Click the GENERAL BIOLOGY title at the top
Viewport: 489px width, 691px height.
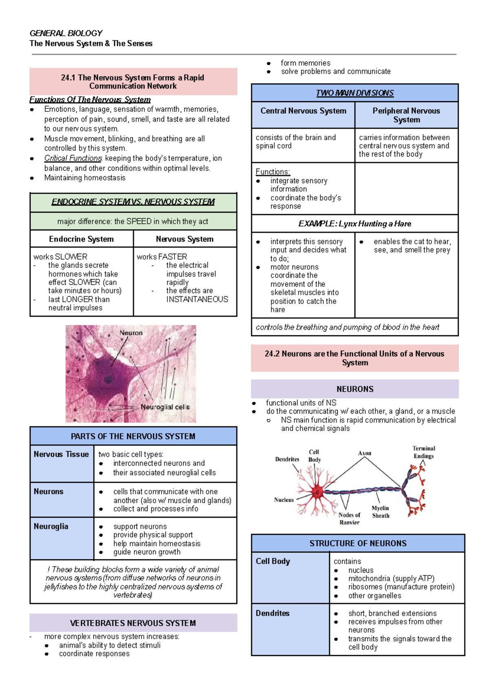point(66,33)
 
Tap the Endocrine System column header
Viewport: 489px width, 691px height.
point(81,239)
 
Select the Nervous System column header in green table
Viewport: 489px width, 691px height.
point(185,239)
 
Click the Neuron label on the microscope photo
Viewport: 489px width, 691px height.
point(131,333)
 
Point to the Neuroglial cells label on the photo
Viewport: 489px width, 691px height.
point(165,407)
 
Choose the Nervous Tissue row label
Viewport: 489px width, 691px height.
point(61,454)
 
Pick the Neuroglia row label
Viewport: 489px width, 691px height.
point(51,527)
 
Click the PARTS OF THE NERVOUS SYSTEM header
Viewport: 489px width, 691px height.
point(133,436)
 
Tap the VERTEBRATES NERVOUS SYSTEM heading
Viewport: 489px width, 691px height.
point(133,623)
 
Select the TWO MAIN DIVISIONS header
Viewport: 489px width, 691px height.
point(355,93)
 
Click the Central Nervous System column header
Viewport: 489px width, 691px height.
point(303,111)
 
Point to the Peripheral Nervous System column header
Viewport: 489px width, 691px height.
point(406,115)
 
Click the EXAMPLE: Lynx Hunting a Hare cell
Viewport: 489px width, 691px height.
point(355,224)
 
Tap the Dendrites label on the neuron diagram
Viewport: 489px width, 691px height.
point(287,459)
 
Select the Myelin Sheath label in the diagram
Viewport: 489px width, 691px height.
point(380,512)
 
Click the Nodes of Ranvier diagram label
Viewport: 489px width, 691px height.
point(349,518)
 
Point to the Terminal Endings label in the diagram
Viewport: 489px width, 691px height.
point(424,452)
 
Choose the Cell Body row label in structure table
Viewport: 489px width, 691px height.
point(273,561)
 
